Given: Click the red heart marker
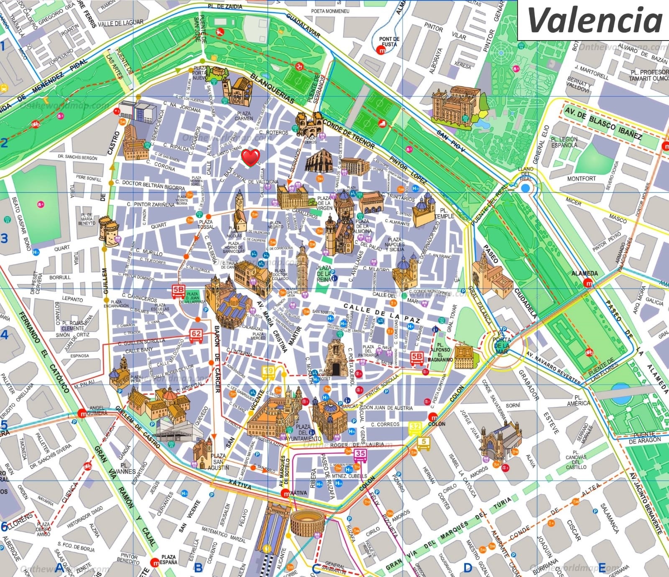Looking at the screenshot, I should coord(251,158).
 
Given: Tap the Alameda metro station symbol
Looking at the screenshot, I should coord(589,283).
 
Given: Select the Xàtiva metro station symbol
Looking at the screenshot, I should coord(286,493).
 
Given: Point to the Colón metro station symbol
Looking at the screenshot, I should coord(433,417).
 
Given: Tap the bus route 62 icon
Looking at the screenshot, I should coord(196,335).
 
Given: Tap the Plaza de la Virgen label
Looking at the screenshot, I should coord(324,203).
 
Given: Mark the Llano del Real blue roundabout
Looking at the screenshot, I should coord(525,188).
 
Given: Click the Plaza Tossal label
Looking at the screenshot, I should coord(205,224).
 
